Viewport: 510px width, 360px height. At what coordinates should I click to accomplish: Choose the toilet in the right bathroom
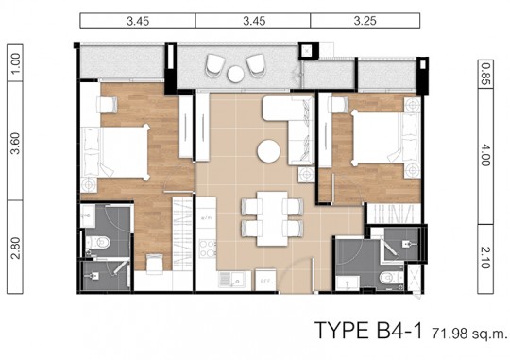point(384,277)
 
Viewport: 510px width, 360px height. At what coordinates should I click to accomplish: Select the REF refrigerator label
point(268,280)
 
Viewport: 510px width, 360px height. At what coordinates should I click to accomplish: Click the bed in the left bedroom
point(119,152)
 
